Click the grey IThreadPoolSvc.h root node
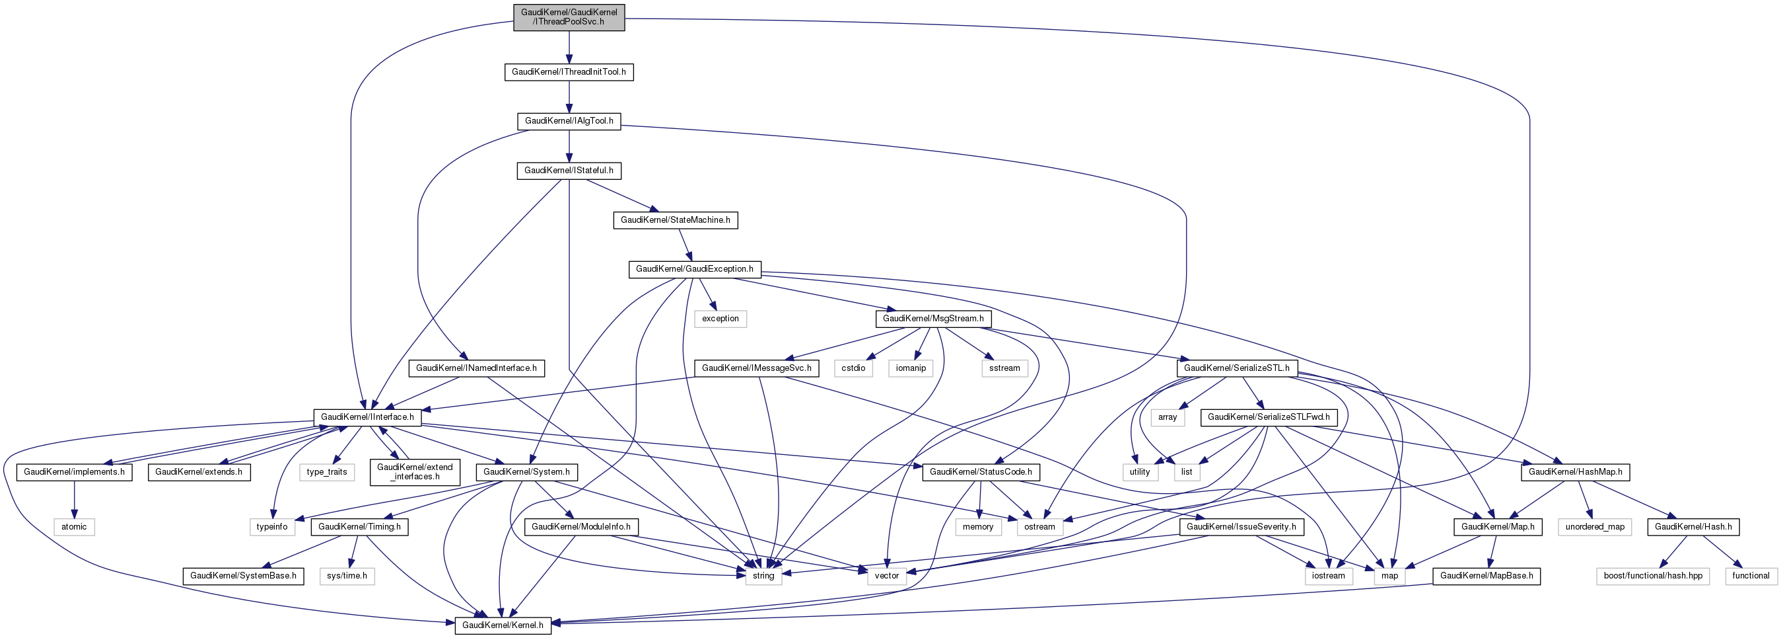[x=569, y=17]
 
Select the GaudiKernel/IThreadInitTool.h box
[x=569, y=72]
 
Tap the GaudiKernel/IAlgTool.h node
[x=569, y=121]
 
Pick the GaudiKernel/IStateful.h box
[x=569, y=170]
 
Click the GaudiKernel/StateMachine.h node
[x=675, y=220]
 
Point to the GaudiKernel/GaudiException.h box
[x=694, y=269]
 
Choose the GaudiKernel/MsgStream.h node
[x=932, y=319]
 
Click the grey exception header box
[x=720, y=319]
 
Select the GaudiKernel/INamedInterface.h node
[x=475, y=368]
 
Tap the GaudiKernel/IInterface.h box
[x=367, y=417]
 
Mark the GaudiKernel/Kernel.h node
[x=502, y=625]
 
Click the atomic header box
[x=74, y=526]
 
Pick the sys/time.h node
[x=347, y=576]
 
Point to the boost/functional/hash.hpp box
[x=1652, y=576]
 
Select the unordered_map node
[x=1594, y=526]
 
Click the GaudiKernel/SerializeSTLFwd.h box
[x=1268, y=417]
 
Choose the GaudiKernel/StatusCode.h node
[x=981, y=472]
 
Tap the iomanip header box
[x=911, y=368]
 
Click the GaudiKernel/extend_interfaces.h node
[x=414, y=472]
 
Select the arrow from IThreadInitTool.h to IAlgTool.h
[x=569, y=97]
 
